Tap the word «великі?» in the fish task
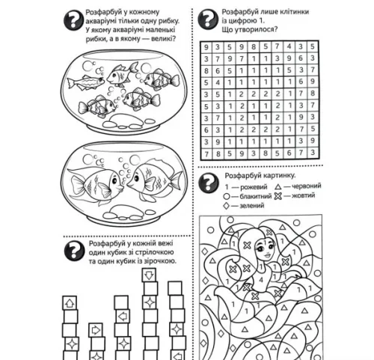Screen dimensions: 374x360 pyautogui.click(x=162, y=39)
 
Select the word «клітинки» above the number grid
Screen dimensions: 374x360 pyautogui.click(x=294, y=12)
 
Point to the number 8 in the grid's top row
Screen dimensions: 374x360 pyautogui.click(x=254, y=47)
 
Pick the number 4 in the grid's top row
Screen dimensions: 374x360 pyautogui.click(x=289, y=46)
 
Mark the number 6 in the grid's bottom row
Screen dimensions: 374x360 pyautogui.click(x=289, y=153)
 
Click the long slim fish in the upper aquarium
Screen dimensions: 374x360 pyautogui.click(x=85, y=82)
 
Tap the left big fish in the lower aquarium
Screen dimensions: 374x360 pyautogui.click(x=96, y=184)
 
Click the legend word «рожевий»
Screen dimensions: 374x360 pyautogui.click(x=254, y=187)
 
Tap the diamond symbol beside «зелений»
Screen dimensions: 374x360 pyautogui.click(x=227, y=206)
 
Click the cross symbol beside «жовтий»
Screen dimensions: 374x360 pyautogui.click(x=278, y=196)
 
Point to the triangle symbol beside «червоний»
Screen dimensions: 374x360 pyautogui.click(x=278, y=186)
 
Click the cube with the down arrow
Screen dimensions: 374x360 pyautogui.click(x=149, y=275)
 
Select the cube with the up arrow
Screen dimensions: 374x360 pyautogui.click(x=70, y=303)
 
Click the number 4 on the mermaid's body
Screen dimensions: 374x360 pyautogui.click(x=261, y=280)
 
